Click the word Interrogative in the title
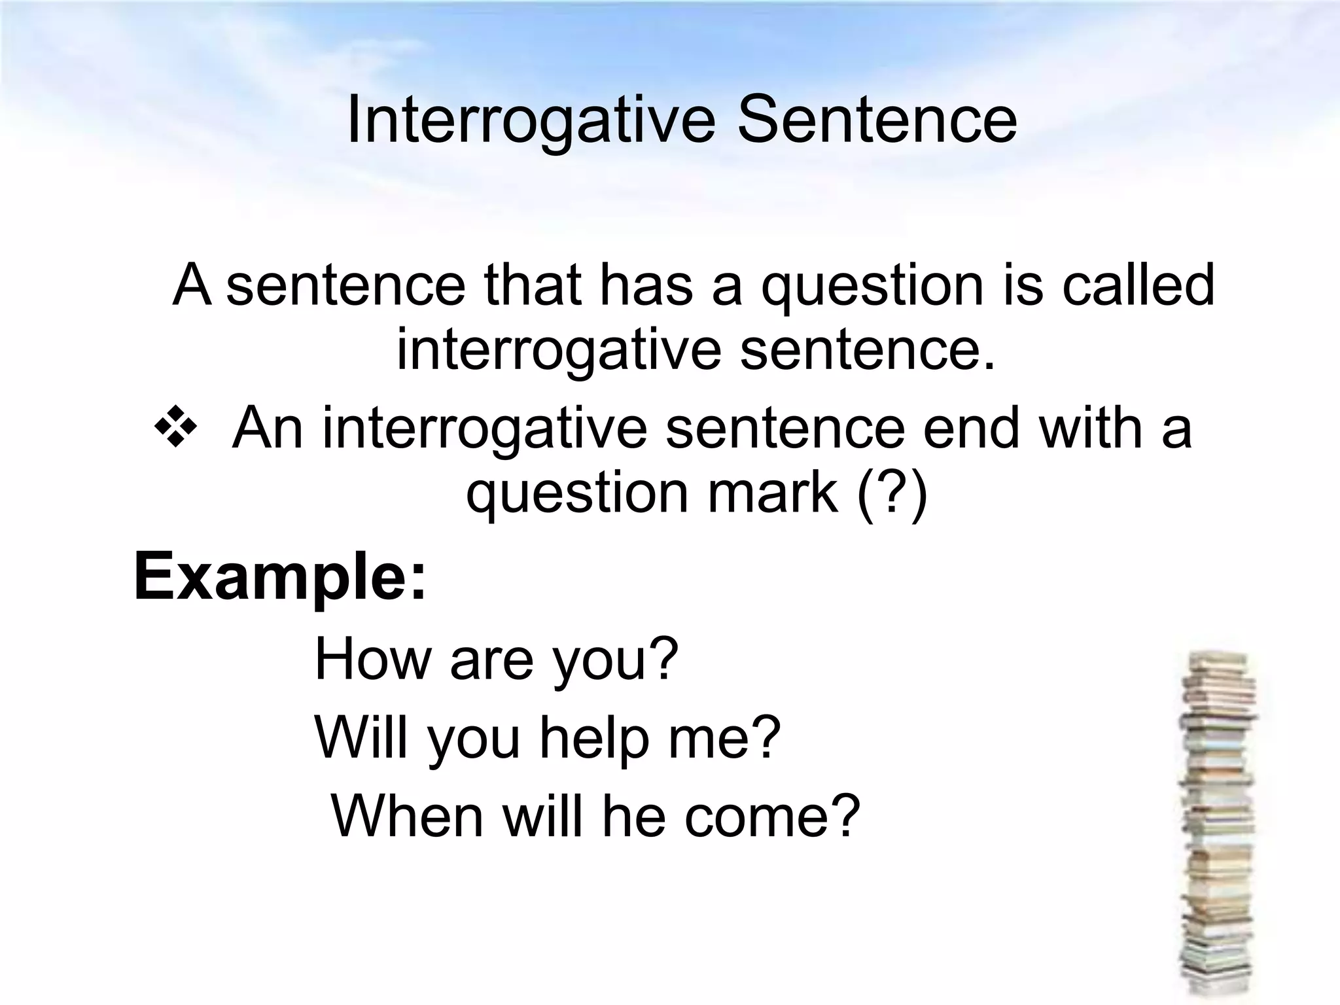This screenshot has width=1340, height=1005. [x=531, y=121]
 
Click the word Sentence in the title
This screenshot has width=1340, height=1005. [x=877, y=121]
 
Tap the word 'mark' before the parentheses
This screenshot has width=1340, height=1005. [x=773, y=492]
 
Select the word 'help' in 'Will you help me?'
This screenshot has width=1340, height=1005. [x=593, y=737]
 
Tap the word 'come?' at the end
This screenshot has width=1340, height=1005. [x=772, y=817]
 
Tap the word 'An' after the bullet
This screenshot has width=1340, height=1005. [x=268, y=429]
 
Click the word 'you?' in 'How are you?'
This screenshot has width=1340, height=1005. [x=616, y=661]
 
